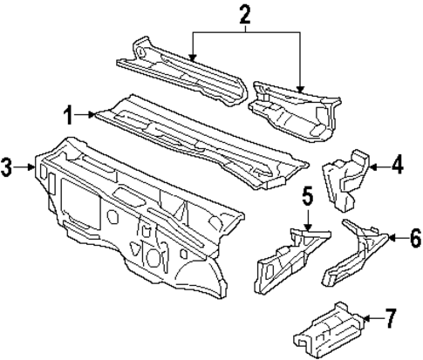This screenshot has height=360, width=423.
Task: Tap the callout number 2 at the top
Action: (x=244, y=12)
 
